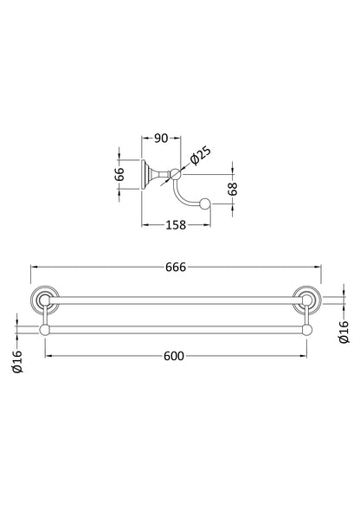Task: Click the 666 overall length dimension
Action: click(x=176, y=267)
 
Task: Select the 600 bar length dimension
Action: click(x=174, y=356)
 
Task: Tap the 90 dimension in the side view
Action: click(x=161, y=139)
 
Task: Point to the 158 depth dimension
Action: click(x=176, y=225)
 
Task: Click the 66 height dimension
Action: click(x=119, y=174)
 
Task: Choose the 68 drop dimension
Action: click(x=233, y=189)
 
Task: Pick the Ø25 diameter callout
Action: click(x=200, y=157)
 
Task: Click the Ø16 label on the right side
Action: click(x=344, y=332)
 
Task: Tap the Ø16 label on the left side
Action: click(x=16, y=361)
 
